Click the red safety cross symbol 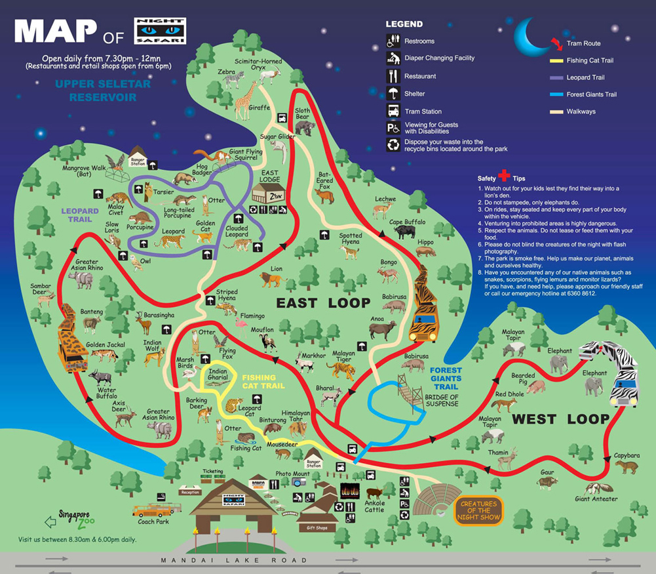pos(503,176)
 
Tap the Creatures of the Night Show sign pos(479,510)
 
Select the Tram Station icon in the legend pos(393,111)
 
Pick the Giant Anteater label pos(596,499)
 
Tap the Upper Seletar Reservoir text pos(102,91)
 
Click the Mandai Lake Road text pos(233,560)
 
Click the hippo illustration pos(424,251)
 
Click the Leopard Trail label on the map pos(80,215)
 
